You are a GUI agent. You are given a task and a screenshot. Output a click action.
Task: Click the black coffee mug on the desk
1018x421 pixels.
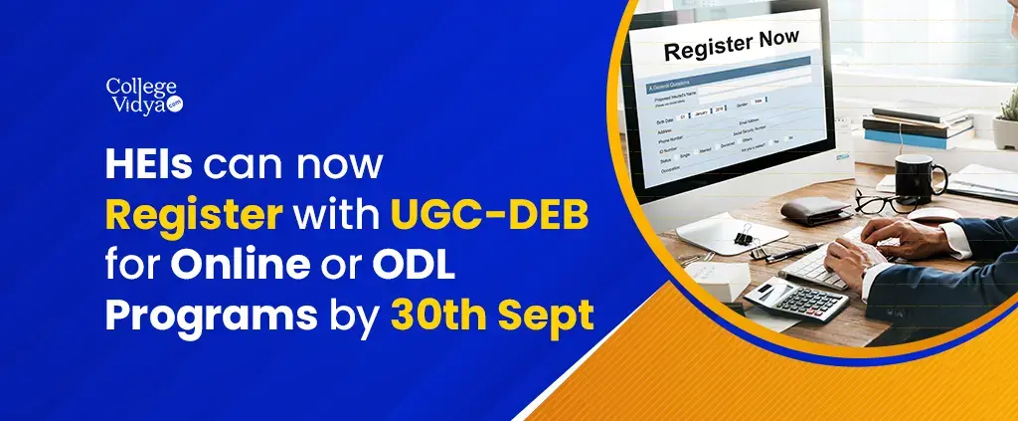click(x=918, y=175)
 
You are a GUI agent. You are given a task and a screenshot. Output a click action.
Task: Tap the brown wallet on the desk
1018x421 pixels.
click(x=813, y=209)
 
